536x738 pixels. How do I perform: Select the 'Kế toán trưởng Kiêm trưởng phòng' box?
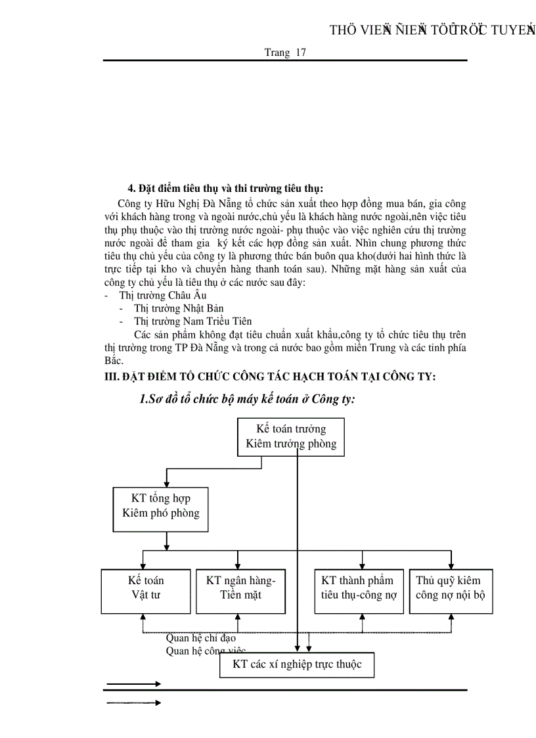291,436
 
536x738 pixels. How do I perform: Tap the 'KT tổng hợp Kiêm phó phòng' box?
161,505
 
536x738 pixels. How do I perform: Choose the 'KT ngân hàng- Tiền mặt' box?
240,588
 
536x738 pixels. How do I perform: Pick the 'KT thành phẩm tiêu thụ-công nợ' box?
359,588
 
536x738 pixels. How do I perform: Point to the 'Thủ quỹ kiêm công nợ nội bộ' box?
451,588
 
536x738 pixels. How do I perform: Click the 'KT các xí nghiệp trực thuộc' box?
297,664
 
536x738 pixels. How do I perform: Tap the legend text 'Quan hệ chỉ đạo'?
200,637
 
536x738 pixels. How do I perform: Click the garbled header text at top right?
431,30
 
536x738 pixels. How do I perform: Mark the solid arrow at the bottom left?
134,684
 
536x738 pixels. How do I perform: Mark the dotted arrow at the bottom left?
134,703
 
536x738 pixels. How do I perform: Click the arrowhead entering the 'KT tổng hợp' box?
167,482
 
